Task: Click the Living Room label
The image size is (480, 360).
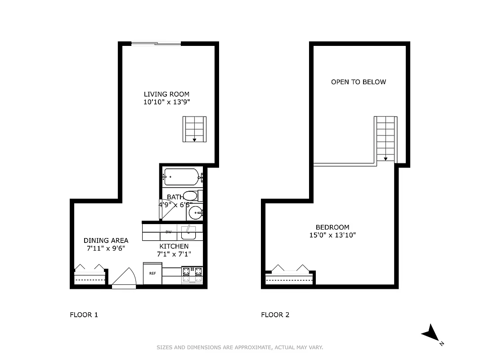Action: point(166,94)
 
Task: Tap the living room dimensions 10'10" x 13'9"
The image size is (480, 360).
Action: point(166,102)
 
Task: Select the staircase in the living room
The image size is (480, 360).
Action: point(194,129)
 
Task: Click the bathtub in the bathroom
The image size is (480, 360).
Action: point(181,177)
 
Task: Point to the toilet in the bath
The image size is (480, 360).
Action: point(191,196)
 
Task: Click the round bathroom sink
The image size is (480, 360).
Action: point(195,212)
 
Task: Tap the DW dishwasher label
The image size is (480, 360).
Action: point(169,232)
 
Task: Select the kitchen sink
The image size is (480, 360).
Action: point(188,233)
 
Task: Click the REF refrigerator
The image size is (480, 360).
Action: point(153,273)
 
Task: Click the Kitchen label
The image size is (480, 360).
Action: point(174,246)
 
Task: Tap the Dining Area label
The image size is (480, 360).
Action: point(106,240)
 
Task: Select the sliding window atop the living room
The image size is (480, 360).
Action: point(156,44)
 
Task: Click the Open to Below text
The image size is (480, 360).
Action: point(359,82)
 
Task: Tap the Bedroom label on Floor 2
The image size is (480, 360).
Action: point(332,227)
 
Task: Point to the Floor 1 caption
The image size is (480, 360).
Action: point(84,315)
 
